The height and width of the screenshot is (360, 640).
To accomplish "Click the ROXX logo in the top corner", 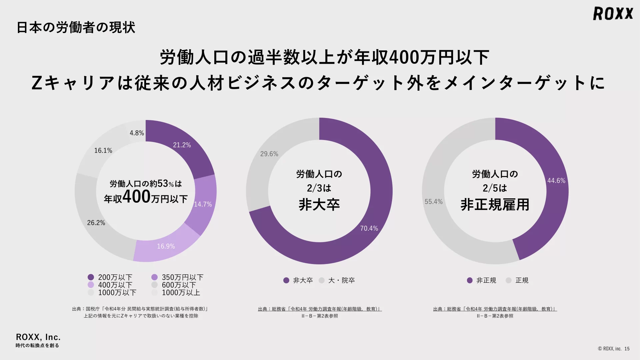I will point(613,14).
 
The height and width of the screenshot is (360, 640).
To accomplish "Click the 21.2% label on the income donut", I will point(182,145).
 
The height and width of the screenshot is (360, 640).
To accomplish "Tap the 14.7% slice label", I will point(203,204).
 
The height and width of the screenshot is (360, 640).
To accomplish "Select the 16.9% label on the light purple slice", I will point(166,246).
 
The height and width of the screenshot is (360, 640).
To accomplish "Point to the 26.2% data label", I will point(96,223).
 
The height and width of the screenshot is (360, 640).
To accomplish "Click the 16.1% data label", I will point(103,151).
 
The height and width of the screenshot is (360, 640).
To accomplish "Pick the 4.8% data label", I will point(137,133).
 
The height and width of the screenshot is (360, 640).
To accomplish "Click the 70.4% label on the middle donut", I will point(369,228).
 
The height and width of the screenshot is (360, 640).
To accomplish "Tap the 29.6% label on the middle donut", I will point(269,154).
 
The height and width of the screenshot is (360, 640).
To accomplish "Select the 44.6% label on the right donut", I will point(556,181).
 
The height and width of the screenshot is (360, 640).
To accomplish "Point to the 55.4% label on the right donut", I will point(433,202).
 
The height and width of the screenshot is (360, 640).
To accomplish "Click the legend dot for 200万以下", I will point(91,277).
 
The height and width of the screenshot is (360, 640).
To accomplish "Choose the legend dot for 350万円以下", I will point(154,277).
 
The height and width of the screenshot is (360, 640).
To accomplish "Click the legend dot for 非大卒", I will point(286,280).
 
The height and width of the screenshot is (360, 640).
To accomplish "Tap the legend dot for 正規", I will point(508,280).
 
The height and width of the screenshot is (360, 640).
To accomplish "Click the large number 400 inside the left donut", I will point(137,197).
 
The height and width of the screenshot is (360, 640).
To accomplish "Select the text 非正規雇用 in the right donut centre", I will point(495,205).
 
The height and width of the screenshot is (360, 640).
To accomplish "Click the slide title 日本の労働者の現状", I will point(76,27).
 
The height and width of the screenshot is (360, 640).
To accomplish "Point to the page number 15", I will point(627,349).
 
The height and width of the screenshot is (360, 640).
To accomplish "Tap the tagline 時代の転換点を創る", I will point(37,346).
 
